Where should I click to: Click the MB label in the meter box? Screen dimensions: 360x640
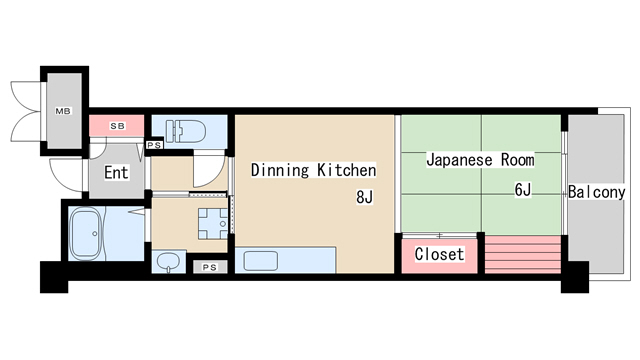click(62, 111)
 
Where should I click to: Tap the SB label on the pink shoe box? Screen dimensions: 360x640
click(116, 126)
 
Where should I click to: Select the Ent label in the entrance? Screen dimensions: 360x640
click(116, 172)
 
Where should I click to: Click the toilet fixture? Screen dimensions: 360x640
click(186, 130)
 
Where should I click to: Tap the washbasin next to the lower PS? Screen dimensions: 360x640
click(170, 263)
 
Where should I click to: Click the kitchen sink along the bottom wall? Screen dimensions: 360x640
click(260, 262)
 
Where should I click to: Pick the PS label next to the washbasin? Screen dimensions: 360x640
click(209, 267)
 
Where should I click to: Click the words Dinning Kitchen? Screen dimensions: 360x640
click(313, 169)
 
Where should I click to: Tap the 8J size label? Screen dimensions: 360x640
click(364, 197)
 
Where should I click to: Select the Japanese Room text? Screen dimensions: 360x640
click(480, 159)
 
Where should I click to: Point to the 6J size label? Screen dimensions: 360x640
click(523, 189)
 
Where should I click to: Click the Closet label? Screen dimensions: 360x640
click(439, 254)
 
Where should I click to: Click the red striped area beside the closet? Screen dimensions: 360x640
click(522, 255)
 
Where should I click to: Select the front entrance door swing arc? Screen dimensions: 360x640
click(67, 176)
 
